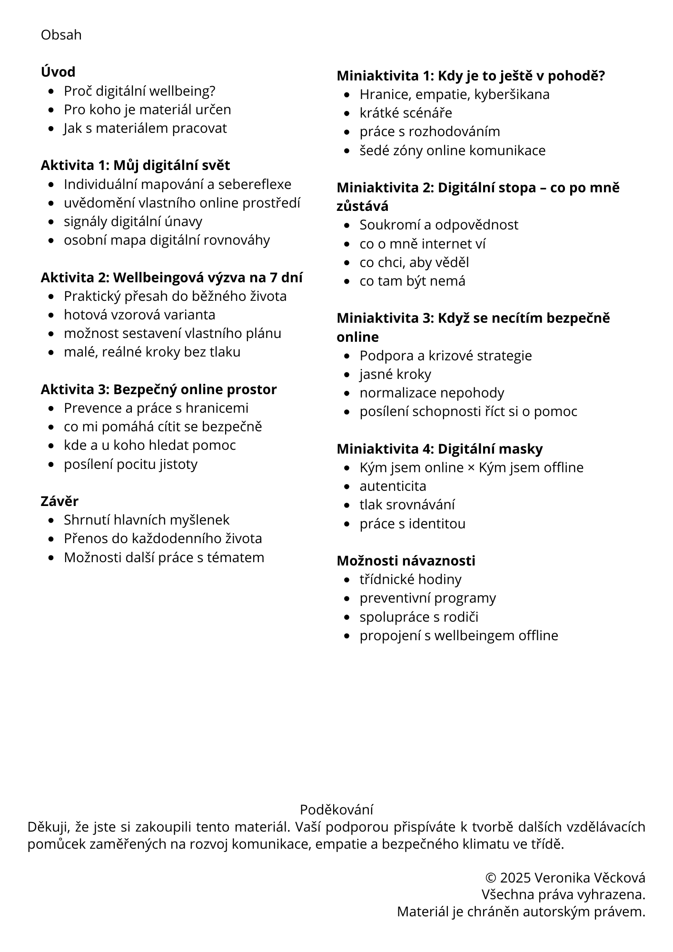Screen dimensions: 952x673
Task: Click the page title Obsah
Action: (61, 35)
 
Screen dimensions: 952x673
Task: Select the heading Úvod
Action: (58, 72)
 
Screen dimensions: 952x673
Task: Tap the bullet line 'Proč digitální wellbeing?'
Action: (139, 90)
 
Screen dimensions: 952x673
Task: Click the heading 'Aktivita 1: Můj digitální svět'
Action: (135, 165)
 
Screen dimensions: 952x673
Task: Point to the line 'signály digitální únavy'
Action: (133, 221)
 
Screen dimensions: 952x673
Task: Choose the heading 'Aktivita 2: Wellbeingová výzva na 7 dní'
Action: (171, 277)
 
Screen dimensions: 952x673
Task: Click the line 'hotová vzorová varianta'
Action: (139, 315)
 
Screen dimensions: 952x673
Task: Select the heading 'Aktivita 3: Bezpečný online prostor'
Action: (158, 389)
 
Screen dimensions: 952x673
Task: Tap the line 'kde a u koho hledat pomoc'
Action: (149, 445)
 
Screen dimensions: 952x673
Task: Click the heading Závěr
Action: (59, 501)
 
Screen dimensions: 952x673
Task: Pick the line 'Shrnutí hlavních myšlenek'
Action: (147, 520)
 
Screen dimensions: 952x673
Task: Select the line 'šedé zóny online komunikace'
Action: (452, 150)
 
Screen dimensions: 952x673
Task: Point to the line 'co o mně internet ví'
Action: (422, 244)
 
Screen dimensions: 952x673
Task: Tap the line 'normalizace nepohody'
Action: (432, 393)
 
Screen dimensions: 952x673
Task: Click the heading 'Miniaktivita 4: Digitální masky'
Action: (439, 449)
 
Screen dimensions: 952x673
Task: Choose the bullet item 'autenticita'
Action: (393, 486)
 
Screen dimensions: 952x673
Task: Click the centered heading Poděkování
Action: (336, 810)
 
